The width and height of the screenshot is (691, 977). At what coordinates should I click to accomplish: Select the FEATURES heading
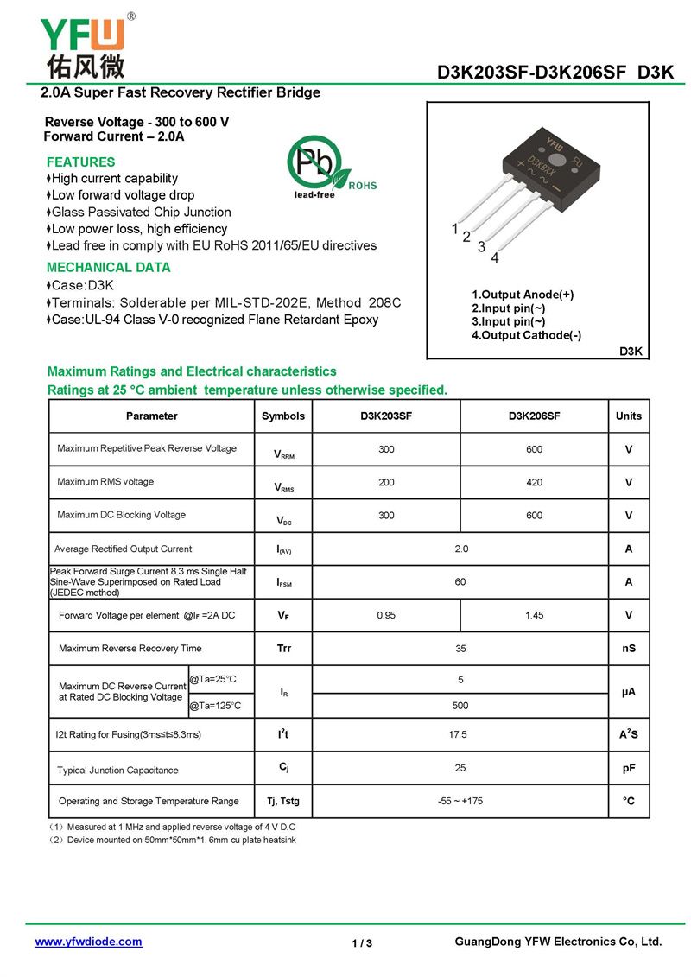(x=80, y=162)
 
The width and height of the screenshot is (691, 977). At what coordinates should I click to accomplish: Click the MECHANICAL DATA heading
(x=108, y=267)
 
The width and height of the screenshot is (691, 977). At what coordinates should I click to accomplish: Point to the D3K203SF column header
(x=386, y=416)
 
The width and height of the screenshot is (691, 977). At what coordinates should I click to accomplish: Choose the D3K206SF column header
(x=534, y=416)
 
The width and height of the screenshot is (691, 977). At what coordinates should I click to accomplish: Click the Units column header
(x=628, y=416)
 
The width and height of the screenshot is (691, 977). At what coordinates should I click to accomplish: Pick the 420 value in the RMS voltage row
(x=534, y=482)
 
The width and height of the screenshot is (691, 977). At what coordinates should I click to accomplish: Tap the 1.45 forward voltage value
(x=534, y=615)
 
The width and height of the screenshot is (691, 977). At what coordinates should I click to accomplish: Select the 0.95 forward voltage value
(x=386, y=615)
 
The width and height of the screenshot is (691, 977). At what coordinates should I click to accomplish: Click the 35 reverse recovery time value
(x=460, y=648)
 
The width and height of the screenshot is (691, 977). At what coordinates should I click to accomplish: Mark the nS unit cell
(x=628, y=648)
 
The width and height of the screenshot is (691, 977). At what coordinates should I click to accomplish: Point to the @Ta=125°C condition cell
(x=215, y=706)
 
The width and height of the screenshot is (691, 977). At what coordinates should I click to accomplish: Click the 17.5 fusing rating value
(x=460, y=734)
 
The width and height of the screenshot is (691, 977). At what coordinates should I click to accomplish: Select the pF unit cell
(x=628, y=768)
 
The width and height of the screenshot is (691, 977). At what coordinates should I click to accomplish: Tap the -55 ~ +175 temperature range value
(x=460, y=801)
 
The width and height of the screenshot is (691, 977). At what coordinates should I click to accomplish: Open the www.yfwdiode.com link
(x=88, y=942)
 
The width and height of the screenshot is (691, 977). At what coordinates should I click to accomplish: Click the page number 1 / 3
(x=362, y=942)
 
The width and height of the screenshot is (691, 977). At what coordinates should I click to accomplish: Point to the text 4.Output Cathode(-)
(x=526, y=335)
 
